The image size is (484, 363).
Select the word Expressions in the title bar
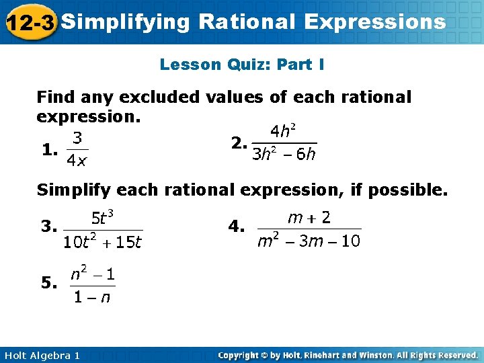[374, 22]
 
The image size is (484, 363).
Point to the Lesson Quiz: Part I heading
[242, 65]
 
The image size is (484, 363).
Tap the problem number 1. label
[48, 151]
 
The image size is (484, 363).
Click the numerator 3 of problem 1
[77, 138]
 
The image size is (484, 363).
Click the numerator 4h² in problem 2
[284, 130]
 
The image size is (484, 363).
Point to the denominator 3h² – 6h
[284, 155]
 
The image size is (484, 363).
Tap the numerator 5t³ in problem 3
[102, 217]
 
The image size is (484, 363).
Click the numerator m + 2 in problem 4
[309, 216]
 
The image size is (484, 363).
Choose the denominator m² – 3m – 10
[309, 240]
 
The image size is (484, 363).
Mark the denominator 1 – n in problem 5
[92, 297]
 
